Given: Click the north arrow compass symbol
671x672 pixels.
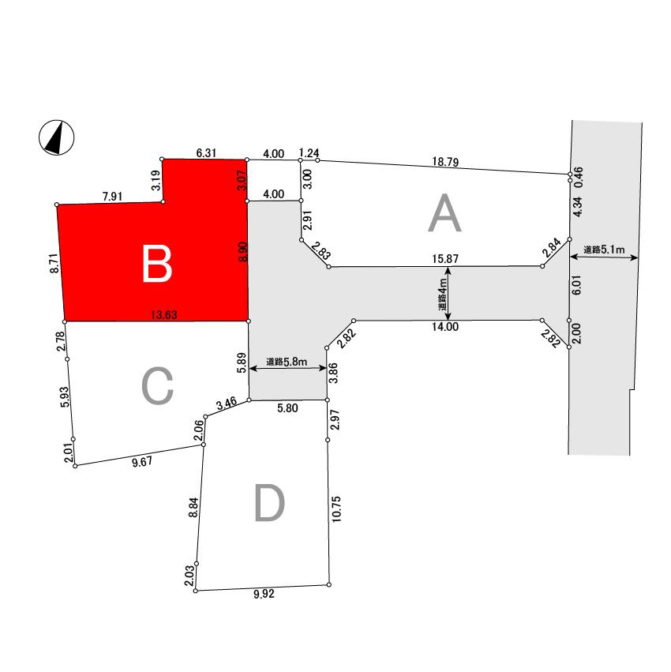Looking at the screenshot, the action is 57,137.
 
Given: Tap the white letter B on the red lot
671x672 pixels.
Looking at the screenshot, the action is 157,264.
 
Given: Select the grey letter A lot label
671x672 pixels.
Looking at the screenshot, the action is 444,213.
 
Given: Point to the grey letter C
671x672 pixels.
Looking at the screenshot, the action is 157,385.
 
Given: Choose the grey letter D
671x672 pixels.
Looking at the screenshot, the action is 269,503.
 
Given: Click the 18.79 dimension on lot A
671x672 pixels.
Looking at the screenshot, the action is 445,162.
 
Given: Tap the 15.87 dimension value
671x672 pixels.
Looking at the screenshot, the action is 445,259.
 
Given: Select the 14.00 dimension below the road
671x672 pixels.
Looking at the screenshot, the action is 445,327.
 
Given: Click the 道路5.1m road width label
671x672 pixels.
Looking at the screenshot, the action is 604,249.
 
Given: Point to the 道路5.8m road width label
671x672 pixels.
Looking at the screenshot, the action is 287,362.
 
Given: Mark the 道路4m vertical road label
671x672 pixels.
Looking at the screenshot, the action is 442,295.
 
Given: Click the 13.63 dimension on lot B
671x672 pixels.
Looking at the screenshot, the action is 164,315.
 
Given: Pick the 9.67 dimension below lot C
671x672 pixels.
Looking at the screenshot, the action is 142,462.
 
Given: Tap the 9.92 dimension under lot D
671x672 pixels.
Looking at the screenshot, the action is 264,594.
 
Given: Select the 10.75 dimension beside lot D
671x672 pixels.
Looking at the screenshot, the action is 336,509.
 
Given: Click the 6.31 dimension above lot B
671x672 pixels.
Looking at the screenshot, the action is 206,153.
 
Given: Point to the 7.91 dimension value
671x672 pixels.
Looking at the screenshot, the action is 112,197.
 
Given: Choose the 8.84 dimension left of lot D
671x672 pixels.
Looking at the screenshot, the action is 193,508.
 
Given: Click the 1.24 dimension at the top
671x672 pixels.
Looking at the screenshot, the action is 309,153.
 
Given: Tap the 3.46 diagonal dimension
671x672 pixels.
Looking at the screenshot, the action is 227,403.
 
